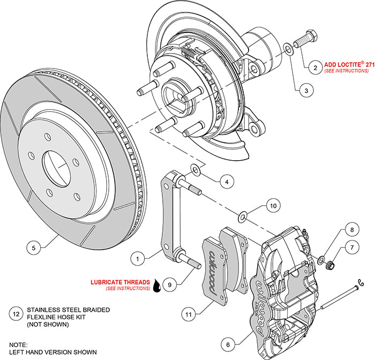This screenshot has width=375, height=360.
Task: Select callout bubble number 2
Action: (316, 67)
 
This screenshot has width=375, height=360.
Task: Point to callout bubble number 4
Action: (227, 182)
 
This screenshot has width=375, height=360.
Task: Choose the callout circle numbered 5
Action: (34, 248)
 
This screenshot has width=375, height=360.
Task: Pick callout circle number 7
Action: (351, 248)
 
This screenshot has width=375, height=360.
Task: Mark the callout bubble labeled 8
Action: (351, 229)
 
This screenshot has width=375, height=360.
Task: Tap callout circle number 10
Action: (273, 205)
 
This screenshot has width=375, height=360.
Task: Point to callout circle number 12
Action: (16, 314)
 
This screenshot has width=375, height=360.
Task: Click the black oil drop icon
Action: (156, 286)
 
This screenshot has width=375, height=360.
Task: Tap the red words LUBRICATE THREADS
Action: (121, 281)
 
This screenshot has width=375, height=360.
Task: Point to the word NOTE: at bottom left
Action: (19, 345)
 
